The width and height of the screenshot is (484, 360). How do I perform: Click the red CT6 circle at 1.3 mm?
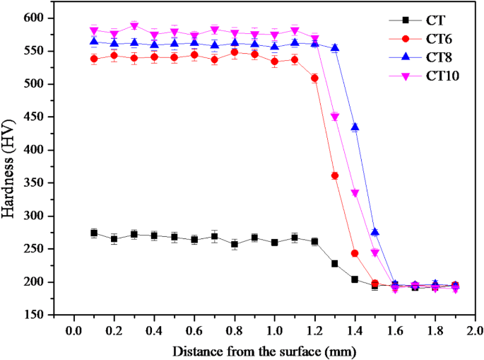click(x=334, y=176)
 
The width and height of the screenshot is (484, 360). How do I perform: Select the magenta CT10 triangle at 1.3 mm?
click(x=335, y=117)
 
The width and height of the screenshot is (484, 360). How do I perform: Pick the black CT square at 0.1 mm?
click(x=94, y=233)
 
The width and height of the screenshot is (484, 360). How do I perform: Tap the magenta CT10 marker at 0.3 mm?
click(x=134, y=26)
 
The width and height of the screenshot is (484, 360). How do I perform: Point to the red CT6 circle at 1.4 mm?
click(x=355, y=253)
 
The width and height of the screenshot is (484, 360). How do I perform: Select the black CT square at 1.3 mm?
click(x=334, y=263)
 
